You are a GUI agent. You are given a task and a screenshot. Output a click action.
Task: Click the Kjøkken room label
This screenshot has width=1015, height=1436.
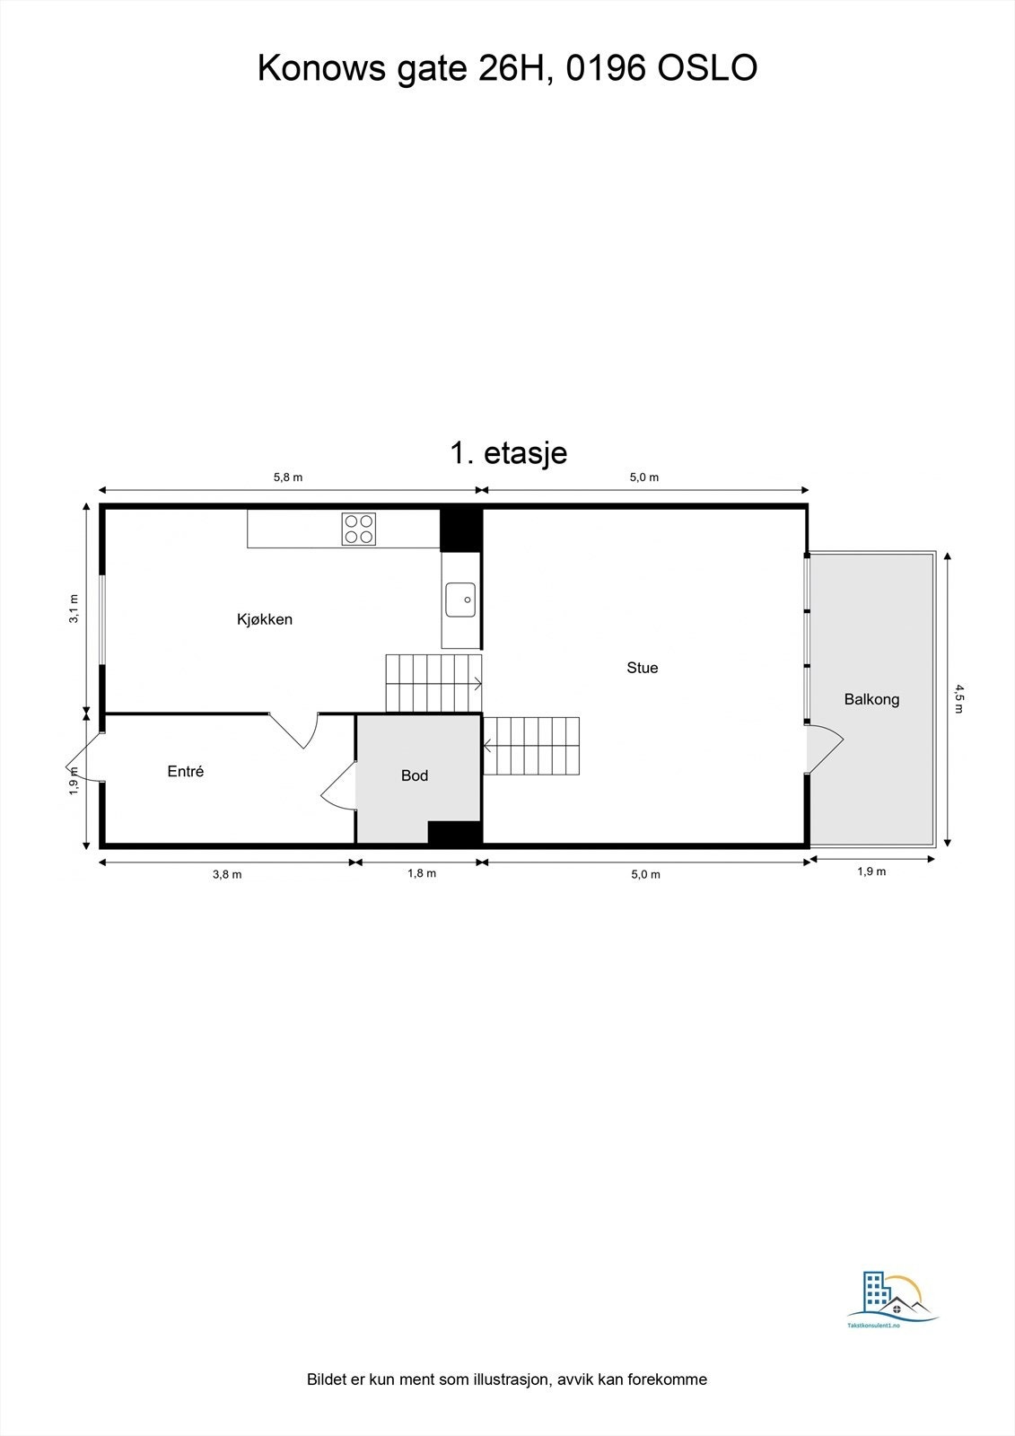pos(265,619)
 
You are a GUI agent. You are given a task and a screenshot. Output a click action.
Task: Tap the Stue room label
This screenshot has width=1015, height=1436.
pos(642,668)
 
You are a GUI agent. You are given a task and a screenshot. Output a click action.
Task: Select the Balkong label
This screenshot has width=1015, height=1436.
pos(871,699)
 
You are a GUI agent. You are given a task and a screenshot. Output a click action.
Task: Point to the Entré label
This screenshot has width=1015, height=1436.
pos(186,771)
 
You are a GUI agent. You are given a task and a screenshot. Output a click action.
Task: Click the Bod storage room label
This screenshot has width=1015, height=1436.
pos(415,775)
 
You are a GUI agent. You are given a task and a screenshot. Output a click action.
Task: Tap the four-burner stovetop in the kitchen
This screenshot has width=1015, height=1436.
pos(358,529)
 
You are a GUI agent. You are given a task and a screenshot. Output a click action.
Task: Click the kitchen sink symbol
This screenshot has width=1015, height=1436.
pos(461,600)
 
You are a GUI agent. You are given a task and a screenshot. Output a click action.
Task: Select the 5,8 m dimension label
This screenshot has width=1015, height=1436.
pos(288,477)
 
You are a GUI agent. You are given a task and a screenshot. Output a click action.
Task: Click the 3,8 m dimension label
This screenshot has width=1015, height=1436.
pos(227,874)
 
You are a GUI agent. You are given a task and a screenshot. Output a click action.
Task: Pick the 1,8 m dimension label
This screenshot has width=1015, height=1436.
pos(422,873)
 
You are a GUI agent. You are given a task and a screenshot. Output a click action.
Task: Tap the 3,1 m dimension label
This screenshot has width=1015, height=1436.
pos(74,609)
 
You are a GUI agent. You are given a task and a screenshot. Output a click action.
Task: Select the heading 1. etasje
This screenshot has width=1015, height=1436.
pos(508,452)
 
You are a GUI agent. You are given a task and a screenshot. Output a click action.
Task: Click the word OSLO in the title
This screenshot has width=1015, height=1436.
pos(708,68)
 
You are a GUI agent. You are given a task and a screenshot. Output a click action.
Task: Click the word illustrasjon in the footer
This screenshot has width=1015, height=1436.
pos(508,1379)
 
